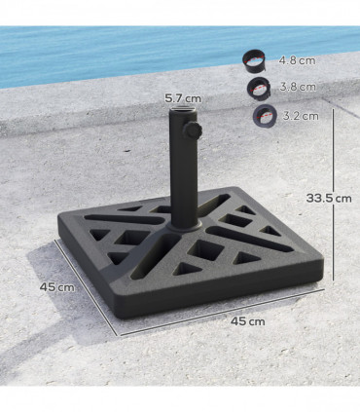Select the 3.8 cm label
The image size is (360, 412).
(296, 87)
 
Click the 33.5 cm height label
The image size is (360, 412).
(329, 198)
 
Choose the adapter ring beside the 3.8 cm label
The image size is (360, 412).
(260, 88)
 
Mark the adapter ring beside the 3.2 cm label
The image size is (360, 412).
(264, 116)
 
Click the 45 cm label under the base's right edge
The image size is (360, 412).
(248, 320)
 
